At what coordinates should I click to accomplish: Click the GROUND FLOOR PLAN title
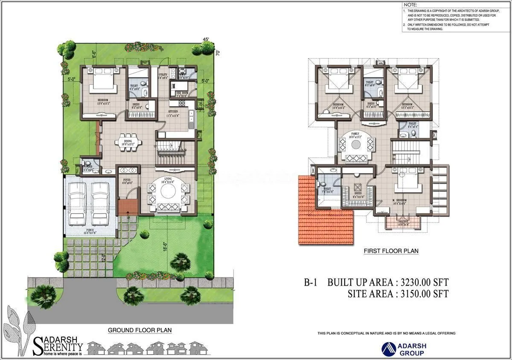point(140,330)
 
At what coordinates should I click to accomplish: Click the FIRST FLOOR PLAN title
point(391,251)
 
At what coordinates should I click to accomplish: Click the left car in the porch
point(78,203)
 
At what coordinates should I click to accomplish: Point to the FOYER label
point(127,180)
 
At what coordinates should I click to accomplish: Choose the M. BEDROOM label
point(399,200)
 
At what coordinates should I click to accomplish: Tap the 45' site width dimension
point(206,39)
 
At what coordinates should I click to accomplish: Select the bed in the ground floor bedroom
point(102,80)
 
